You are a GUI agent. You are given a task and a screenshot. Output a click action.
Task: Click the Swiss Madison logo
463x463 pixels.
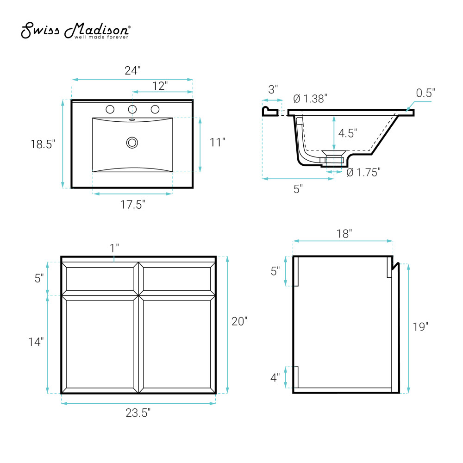pyautogui.click(x=75, y=31)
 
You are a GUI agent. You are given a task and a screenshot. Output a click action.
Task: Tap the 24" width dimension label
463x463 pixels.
pyautogui.click(x=132, y=70)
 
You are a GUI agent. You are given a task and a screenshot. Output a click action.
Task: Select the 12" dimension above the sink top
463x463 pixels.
pyautogui.click(x=160, y=86)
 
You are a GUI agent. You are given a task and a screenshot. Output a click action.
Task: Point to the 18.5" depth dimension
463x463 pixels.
pyautogui.click(x=43, y=144)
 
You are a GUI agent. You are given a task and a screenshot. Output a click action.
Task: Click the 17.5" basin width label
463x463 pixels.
pyautogui.click(x=132, y=205)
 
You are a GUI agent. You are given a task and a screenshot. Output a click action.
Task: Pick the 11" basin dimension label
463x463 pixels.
pyautogui.click(x=217, y=142)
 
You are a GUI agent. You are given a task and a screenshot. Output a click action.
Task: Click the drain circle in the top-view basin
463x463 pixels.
pyautogui.click(x=132, y=143)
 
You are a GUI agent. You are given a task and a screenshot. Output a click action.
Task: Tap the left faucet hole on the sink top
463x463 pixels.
pyautogui.click(x=110, y=110)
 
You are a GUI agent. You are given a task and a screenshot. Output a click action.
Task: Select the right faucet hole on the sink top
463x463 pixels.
pyautogui.click(x=155, y=110)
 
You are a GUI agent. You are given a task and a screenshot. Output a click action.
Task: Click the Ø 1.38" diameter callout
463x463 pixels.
pyautogui.click(x=310, y=99)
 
